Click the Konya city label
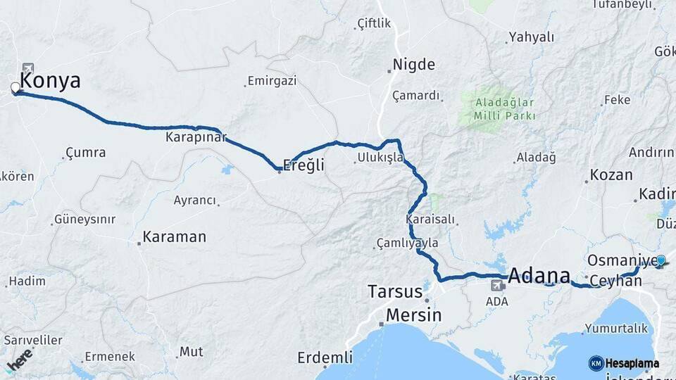(x=50, y=80)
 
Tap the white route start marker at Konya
(x=15, y=88)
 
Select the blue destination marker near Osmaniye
(x=661, y=260)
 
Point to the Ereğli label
(x=303, y=165)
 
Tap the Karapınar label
(x=196, y=137)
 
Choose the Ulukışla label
(x=380, y=157)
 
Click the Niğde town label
(x=413, y=64)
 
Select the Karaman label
(x=174, y=237)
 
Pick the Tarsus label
(x=396, y=291)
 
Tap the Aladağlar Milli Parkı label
(x=504, y=109)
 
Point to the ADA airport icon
(x=497, y=286)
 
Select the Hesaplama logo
(x=624, y=363)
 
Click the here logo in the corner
(x=19, y=359)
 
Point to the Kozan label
(x=611, y=175)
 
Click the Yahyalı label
(x=532, y=37)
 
